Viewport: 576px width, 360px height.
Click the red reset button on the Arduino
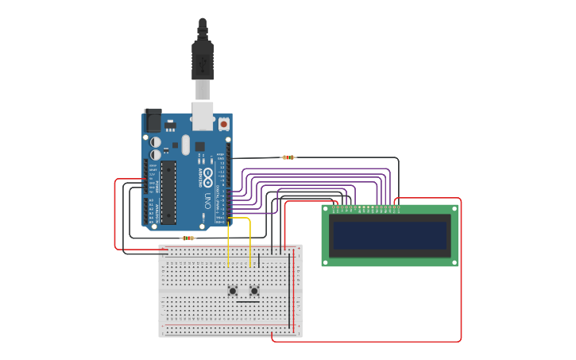(224, 124)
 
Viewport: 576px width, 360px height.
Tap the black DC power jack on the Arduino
(152, 120)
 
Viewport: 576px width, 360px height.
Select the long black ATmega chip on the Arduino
(168, 192)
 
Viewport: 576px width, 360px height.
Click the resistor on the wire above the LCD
(288, 157)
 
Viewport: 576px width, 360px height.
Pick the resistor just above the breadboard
(187, 238)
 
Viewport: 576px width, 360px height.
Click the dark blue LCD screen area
(389, 235)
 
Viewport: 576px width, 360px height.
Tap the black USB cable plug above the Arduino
(203, 60)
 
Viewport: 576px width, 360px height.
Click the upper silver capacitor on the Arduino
(156, 141)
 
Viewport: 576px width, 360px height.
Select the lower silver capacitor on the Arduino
(156, 154)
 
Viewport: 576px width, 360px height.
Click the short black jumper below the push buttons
(248, 302)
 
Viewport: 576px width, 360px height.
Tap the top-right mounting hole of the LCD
(454, 210)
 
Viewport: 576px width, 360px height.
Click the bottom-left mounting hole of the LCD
(326, 261)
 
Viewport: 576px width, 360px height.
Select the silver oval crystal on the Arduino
(185, 145)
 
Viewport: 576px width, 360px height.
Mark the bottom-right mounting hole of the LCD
(454, 261)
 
